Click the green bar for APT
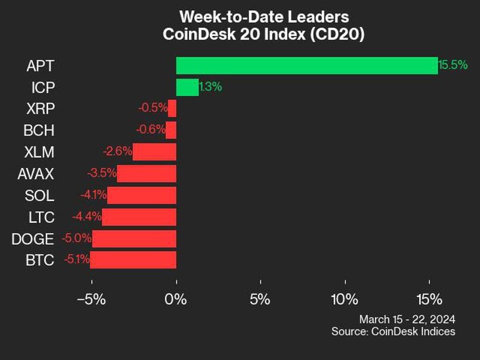coord(307,65)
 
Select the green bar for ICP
coord(187,87)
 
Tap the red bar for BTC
coord(133,260)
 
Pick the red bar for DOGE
coord(134,238)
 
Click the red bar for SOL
coord(142,195)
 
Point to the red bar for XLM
coord(154,152)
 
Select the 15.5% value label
coord(453,65)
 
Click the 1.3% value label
coord(211,87)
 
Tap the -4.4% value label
coord(86,217)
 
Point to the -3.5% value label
coord(101,173)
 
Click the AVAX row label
coord(36,173)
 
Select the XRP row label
coord(41,109)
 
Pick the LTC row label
coord(42,217)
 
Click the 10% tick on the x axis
coord(345,299)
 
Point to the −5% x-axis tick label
coord(92,299)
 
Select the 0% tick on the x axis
coord(176,299)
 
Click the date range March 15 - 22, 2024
coord(407,319)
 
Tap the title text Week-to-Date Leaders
coord(264,16)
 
